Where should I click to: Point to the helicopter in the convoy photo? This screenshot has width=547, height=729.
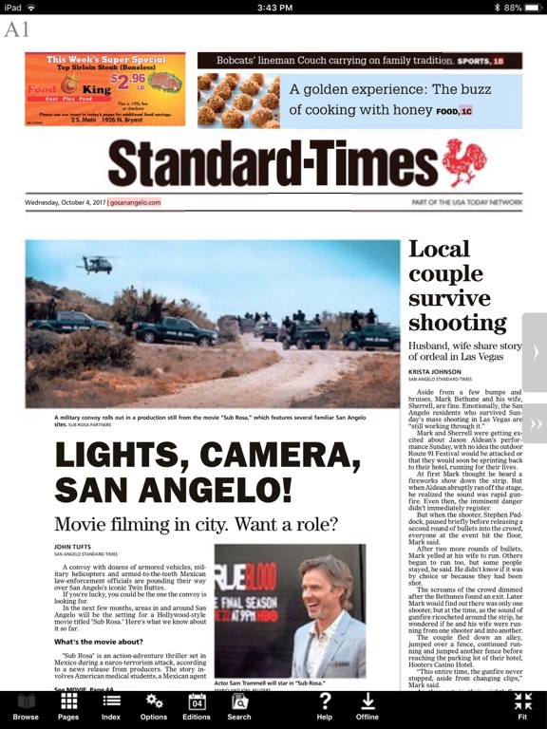tap(98, 265)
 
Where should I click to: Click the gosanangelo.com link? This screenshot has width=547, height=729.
tap(135, 202)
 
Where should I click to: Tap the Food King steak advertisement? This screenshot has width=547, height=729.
tap(104, 89)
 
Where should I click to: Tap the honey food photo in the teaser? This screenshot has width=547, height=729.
tap(238, 101)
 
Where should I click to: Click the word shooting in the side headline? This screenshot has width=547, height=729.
tap(452, 323)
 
